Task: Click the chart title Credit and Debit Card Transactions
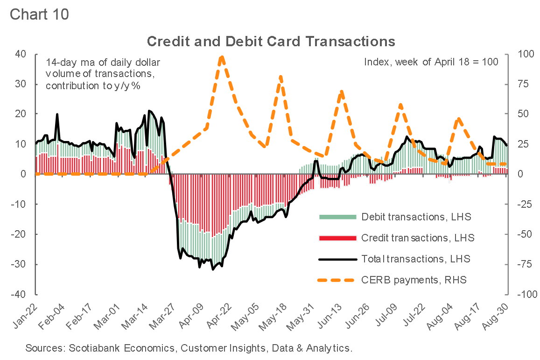(271, 41)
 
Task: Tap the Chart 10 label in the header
(39, 14)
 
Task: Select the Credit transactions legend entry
(418, 238)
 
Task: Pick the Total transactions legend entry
(416, 259)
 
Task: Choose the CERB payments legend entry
(414, 280)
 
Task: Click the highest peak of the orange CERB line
(222, 57)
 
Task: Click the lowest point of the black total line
(213, 269)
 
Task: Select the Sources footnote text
(188, 348)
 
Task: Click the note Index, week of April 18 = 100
(431, 62)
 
